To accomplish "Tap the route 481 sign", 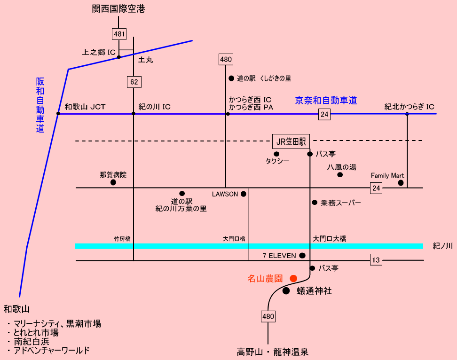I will (119, 34).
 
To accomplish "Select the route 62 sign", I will (134, 82).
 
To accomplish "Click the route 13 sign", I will (376, 260).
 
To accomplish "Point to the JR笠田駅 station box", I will (291, 141).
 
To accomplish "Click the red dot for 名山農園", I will (293, 278).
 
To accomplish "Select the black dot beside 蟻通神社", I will (286, 291).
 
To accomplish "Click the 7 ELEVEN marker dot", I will (302, 256).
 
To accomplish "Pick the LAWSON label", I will (225, 194).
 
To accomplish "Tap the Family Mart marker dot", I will (401, 183).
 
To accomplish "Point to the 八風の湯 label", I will (342, 167).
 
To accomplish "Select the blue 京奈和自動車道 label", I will (326, 100).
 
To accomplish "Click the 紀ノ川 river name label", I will (442, 245).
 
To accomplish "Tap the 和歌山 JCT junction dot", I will (58, 114).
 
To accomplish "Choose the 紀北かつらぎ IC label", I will (409, 107).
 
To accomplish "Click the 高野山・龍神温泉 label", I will (273, 352).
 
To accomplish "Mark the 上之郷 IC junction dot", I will (119, 57).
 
